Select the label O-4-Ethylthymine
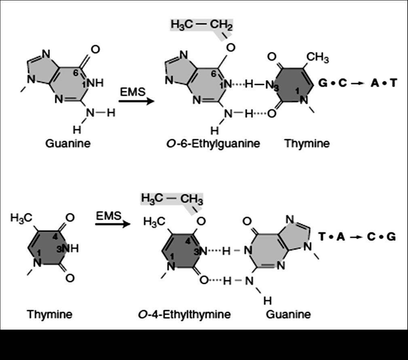pyautogui.click(x=184, y=314)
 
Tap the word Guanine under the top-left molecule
pyautogui.click(x=68, y=143)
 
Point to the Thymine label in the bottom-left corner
pyautogui.click(x=49, y=314)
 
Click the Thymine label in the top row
pyautogui.click(x=307, y=144)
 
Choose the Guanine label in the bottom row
pyautogui.click(x=288, y=314)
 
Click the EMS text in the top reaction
pyautogui.click(x=132, y=92)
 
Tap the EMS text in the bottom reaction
pyautogui.click(x=108, y=216)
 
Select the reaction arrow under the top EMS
pyautogui.click(x=136, y=100)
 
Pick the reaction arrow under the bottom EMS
pyautogui.click(x=113, y=224)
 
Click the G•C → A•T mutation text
pyautogui.click(x=357, y=83)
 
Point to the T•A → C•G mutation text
pyautogui.click(x=357, y=237)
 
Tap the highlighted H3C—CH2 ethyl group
pyautogui.click(x=201, y=25)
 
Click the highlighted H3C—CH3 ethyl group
pyautogui.click(x=172, y=199)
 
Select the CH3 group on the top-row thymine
pyautogui.click(x=317, y=58)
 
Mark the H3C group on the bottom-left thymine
pyautogui.click(x=21, y=218)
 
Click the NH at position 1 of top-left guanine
pyautogui.click(x=95, y=83)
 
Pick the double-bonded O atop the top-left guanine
pyautogui.click(x=95, y=49)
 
